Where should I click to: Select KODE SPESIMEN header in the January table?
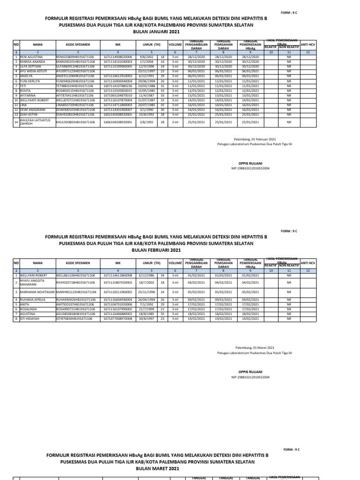[x=78, y=45]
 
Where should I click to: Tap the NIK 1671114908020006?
[x=118, y=57]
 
